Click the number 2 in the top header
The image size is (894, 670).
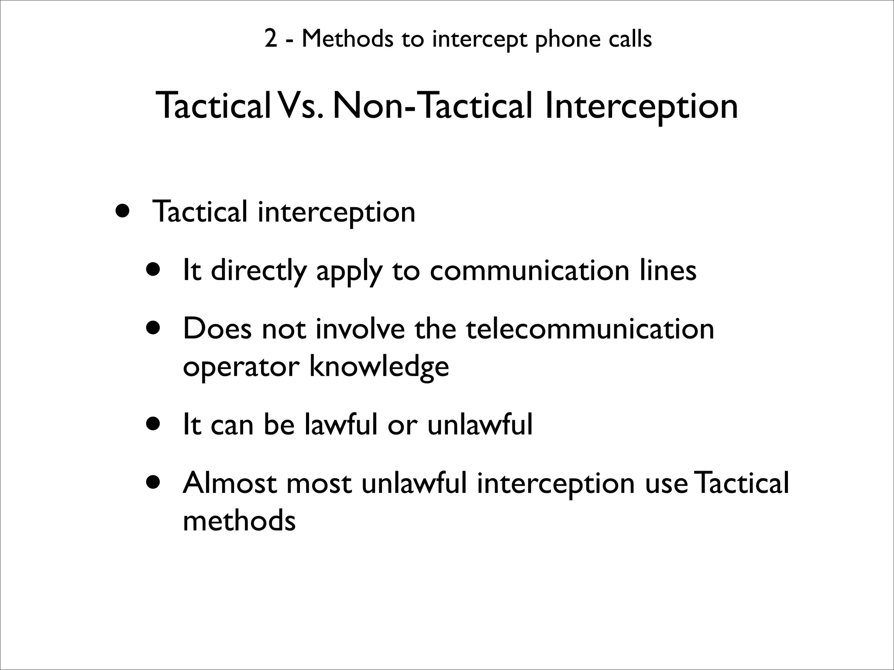[x=270, y=40]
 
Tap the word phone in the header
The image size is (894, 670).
[x=563, y=40]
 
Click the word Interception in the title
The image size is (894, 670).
[x=641, y=107]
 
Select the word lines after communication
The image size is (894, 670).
[x=668, y=270]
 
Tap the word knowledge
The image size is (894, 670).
[x=379, y=367]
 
